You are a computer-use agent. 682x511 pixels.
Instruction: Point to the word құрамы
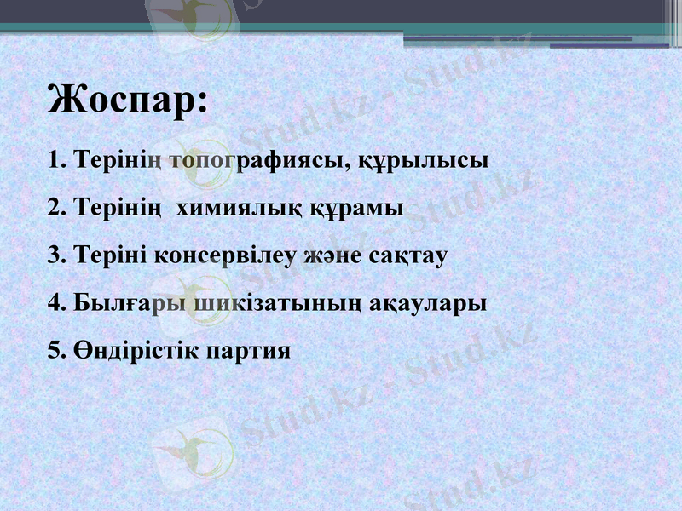point(346,207)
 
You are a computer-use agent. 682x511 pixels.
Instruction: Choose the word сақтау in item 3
point(407,255)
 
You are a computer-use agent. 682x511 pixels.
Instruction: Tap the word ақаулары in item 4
point(429,302)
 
